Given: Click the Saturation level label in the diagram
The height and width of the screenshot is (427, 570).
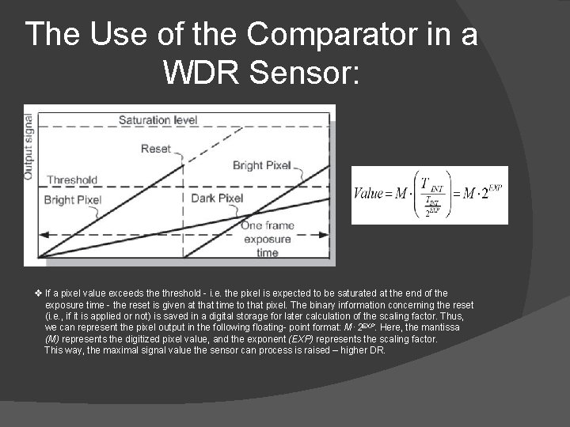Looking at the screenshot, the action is coord(158,120).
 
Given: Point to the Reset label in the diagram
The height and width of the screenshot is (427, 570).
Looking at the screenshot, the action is coord(155,149).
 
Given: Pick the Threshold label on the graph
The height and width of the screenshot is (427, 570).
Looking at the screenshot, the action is coord(71,179).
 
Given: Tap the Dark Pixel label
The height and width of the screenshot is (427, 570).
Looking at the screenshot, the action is coord(216,198).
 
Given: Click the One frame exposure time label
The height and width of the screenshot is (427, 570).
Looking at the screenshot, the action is coord(267,239).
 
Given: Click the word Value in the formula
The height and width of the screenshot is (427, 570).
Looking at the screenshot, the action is coord(368,193).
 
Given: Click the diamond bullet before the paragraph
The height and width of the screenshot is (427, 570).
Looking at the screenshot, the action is coord(39,293).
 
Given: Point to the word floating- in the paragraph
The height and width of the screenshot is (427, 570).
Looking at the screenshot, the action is coord(239,327).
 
